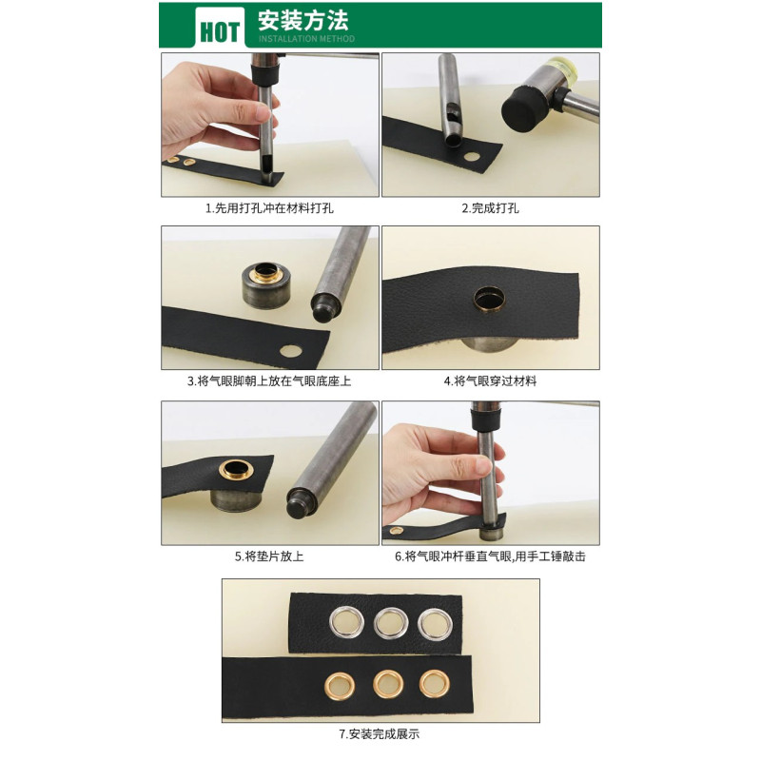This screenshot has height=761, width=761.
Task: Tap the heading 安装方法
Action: click(302, 20)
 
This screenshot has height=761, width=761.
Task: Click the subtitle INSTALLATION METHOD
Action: click(306, 39)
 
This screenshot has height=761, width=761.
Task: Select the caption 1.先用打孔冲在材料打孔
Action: click(269, 208)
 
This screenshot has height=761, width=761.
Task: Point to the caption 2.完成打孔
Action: click(490, 208)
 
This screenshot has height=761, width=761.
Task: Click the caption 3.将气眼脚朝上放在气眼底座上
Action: click(269, 381)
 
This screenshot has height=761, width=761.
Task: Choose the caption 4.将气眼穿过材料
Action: click(490, 381)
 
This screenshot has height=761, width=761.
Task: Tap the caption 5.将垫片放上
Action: click(269, 556)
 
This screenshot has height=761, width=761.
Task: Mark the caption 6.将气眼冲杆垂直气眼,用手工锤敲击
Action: click(490, 556)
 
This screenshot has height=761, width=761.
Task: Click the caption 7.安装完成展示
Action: click(380, 734)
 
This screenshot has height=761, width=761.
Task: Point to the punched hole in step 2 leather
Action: click(471, 156)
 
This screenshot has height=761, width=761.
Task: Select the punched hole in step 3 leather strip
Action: click(290, 350)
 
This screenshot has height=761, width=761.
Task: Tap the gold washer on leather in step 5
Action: click(236, 469)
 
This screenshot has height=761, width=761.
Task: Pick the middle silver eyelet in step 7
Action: click(391, 623)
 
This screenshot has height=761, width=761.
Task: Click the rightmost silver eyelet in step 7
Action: click(435, 624)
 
